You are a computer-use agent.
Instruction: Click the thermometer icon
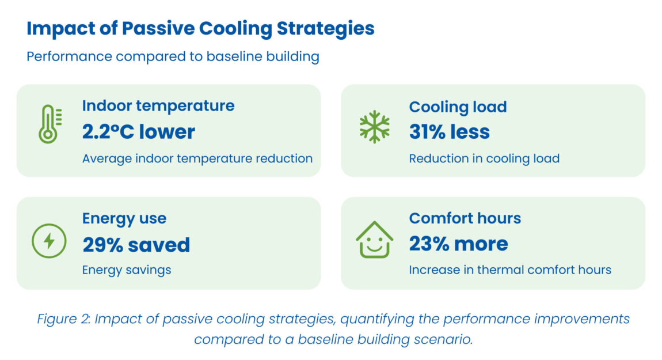[49, 124]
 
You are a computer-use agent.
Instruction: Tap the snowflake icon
[374, 126]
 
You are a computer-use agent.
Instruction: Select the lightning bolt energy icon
[49, 240]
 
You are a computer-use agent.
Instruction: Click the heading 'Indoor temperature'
[158, 106]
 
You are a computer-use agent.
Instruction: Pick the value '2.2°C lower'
[139, 132]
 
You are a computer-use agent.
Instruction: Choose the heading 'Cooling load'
[458, 107]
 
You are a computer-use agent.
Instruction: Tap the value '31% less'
[449, 132]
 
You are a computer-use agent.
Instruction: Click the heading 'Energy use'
[124, 219]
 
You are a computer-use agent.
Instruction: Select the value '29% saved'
[136, 245]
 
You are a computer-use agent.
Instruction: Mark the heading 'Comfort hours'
[465, 218]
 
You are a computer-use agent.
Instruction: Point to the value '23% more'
[458, 244]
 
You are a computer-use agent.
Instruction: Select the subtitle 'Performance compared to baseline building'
[173, 57]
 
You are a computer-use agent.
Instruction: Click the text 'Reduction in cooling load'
[484, 158]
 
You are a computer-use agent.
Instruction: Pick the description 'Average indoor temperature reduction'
[197, 158]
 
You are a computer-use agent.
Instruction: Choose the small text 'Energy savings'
[127, 270]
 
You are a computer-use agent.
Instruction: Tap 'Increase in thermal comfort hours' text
[510, 270]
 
